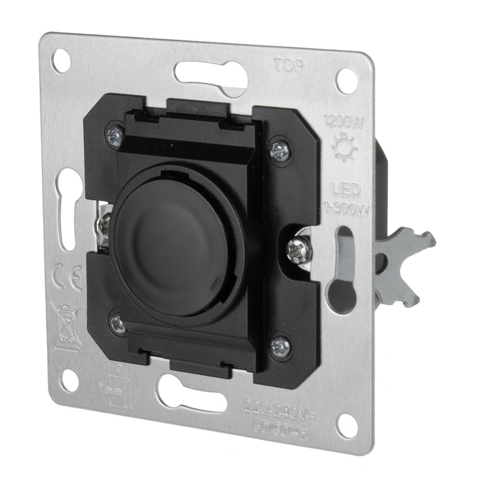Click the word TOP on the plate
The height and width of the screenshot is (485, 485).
[x=290, y=65]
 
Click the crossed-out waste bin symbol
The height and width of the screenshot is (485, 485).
[x=66, y=325]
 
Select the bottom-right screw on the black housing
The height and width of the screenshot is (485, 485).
[x=280, y=347]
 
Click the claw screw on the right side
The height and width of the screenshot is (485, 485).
[x=298, y=249]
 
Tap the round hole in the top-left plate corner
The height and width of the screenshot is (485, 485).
[x=61, y=61]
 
